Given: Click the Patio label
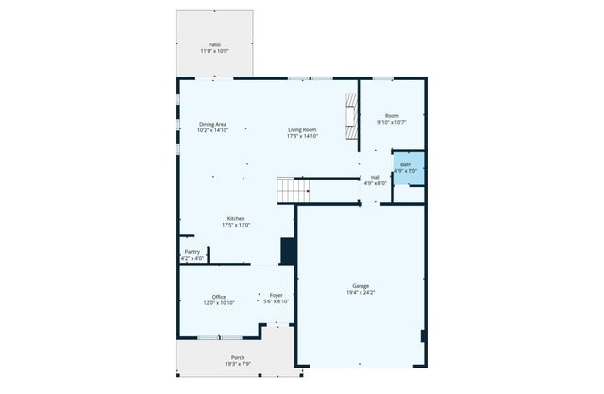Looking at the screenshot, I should tap(215, 44).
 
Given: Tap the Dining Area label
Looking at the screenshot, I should tap(212, 125).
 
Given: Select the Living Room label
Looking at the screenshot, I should tap(302, 129).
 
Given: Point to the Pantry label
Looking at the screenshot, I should tap(192, 252).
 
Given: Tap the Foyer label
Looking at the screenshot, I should tap(277, 296).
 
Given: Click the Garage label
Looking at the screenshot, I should tap(361, 285).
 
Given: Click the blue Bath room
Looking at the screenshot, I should tap(408, 168).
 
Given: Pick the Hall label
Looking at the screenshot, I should tap(375, 177).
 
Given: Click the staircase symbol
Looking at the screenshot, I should tap(293, 190).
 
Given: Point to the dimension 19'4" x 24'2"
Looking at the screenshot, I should tap(361, 292).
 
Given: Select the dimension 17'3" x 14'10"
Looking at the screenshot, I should tap(302, 136).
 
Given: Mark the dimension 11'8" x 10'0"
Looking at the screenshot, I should tap(215, 51).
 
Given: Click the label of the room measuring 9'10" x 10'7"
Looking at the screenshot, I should tap(391, 116).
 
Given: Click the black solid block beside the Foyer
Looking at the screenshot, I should tap(289, 251).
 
